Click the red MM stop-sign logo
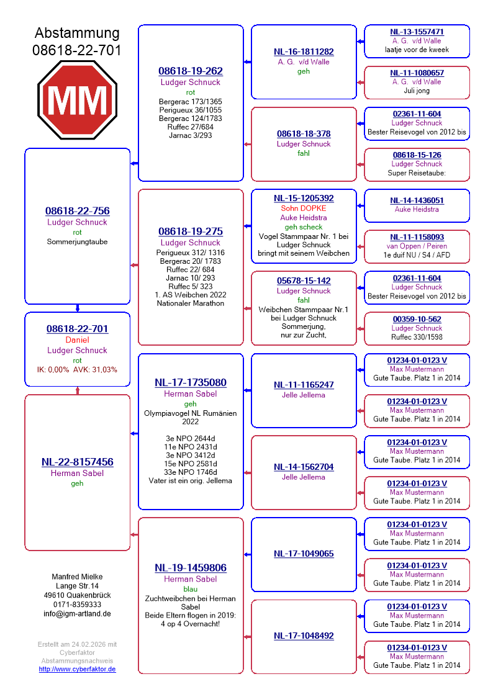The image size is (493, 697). coord(78,99)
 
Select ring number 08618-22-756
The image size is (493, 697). coord(78,211)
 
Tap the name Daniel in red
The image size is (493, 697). coord(78,340)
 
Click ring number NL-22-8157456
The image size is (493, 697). coord(78,462)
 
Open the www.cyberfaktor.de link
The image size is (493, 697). coord(78,669)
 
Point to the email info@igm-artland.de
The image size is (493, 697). coord(78,614)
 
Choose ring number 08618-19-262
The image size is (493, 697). coord(191,71)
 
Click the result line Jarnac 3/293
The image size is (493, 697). coord(191,135)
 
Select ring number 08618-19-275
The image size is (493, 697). coord(191,232)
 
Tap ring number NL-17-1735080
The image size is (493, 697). coord(191,382)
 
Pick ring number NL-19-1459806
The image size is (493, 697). coord(191,567)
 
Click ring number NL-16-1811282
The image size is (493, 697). coord(304,52)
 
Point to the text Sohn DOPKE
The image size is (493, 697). coord(304,209)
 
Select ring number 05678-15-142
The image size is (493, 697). coord(304,281)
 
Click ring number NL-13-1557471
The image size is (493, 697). coord(417,32)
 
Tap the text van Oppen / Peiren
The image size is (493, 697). coord(417,246)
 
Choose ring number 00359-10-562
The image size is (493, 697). coord(417,319)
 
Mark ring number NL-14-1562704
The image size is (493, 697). coord(304,467)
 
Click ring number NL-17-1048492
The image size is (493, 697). coord(304,636)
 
